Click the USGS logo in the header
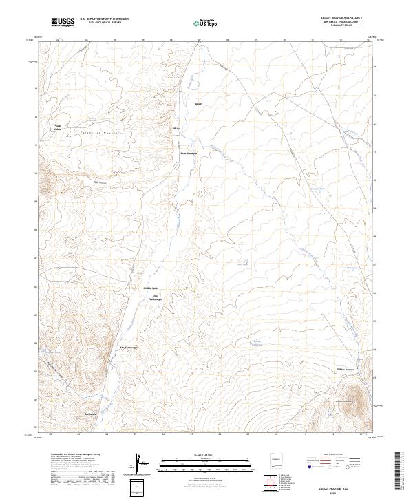pos(63,22)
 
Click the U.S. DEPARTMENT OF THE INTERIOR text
pos(104,19)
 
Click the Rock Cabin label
pos(59,127)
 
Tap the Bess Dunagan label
pos(189,153)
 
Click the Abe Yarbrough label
pos(129,347)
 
